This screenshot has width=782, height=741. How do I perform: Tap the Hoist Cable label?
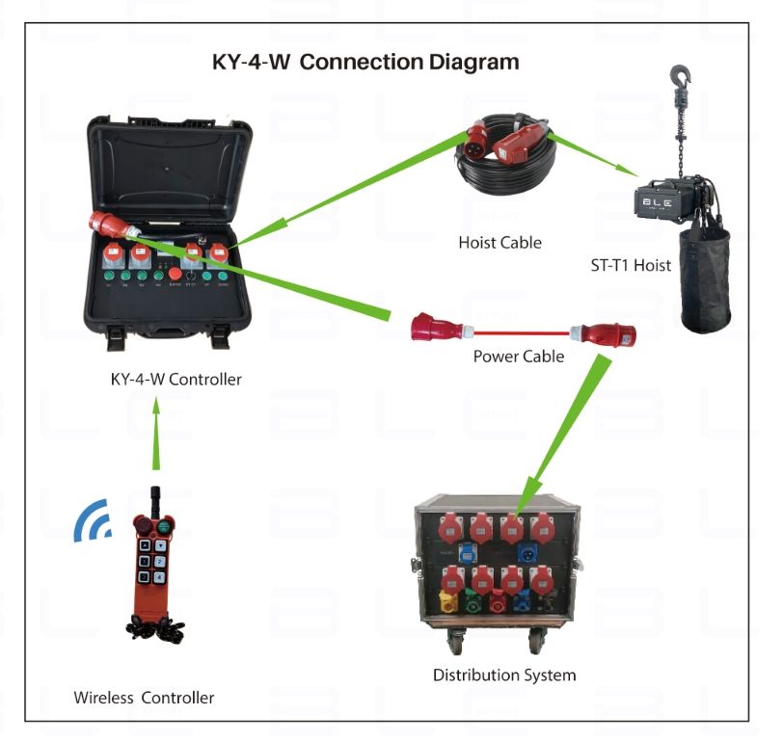499,243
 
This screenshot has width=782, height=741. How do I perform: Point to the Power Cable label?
518,357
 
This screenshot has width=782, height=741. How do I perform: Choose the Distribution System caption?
504,675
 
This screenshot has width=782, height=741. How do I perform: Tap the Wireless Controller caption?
145,698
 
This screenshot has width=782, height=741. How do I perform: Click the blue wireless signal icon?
94,520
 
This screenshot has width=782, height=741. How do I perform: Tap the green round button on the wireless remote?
166,526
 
